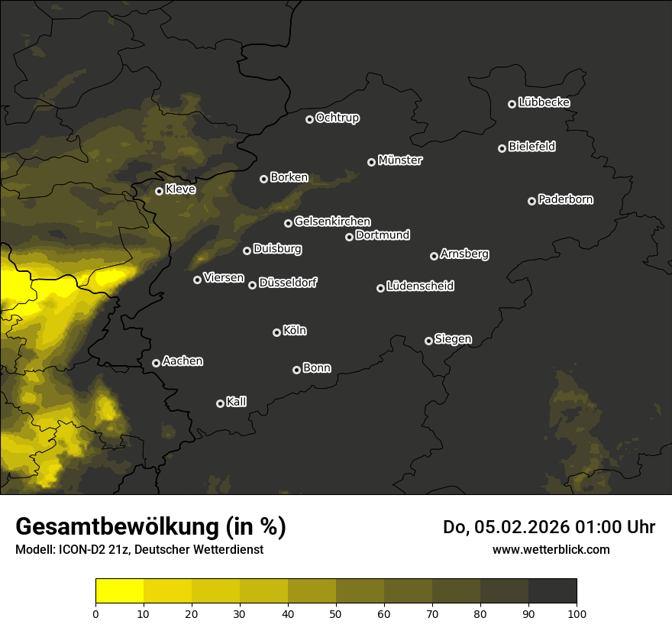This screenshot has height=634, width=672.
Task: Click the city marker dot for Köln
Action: coord(276,332)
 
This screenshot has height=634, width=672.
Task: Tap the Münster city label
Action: coord(400,160)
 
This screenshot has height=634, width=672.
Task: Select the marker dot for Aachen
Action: coord(156,363)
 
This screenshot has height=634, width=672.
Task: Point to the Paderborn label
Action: coord(566,199)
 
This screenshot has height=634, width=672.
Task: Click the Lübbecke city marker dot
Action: coord(512,104)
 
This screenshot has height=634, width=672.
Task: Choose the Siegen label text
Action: coord(453,339)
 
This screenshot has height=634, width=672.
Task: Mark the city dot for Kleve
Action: coord(159,191)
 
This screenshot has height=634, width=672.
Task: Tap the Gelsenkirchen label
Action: coord(332,222)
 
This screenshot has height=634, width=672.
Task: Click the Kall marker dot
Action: coord(220,403)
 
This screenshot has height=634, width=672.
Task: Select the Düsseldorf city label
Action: coord(288,283)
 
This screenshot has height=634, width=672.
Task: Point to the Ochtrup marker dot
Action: coord(309,119)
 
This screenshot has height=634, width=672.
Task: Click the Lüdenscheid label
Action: coord(420,286)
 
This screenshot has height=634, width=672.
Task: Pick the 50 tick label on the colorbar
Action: coord(336,613)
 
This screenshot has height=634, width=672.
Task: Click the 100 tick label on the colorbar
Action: coord(577,613)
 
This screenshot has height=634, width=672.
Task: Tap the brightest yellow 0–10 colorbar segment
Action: coord(120,591)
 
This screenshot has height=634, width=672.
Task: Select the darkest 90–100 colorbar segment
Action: coord(552,591)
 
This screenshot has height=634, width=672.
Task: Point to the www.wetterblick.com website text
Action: coord(551,549)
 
